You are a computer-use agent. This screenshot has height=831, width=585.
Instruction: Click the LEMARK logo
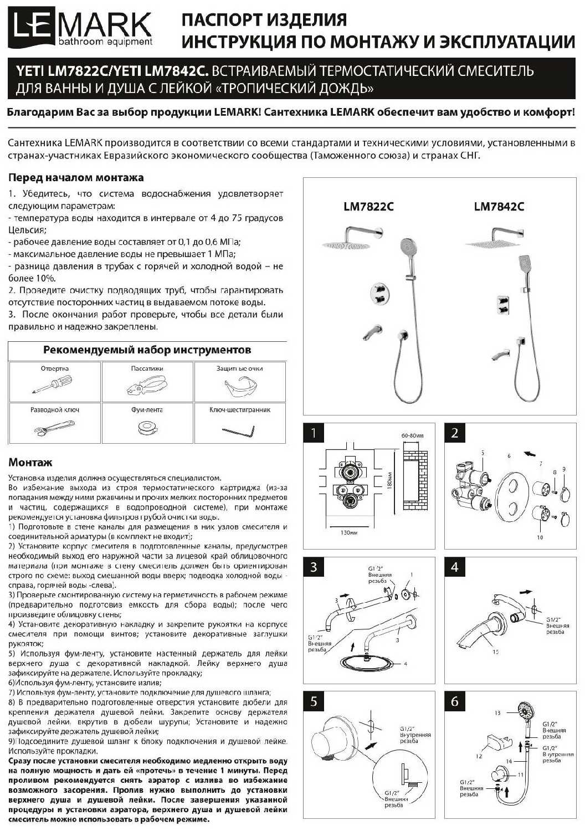click(80, 29)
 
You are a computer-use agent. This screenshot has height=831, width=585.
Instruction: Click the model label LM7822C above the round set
click(368, 207)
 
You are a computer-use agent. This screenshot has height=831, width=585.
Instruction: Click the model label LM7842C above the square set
click(499, 207)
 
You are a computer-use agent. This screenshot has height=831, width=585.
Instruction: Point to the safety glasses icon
click(239, 386)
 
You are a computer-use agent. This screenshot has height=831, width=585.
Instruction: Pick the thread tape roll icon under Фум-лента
click(147, 428)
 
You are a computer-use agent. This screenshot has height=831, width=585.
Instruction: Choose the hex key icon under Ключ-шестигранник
click(238, 429)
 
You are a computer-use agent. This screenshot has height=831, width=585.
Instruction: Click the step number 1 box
click(314, 433)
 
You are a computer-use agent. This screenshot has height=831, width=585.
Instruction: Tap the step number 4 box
click(455, 567)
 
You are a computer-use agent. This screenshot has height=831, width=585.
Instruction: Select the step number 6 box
click(455, 701)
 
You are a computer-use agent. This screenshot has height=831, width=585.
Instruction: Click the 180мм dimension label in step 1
click(389, 481)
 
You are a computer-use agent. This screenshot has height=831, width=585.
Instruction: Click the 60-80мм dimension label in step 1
click(412, 436)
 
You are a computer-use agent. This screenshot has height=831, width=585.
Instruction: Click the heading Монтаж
click(30, 463)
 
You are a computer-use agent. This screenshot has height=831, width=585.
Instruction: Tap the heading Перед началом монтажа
click(76, 178)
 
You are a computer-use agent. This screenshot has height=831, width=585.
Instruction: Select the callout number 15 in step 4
click(495, 652)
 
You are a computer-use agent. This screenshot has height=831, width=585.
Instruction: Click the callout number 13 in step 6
click(497, 713)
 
